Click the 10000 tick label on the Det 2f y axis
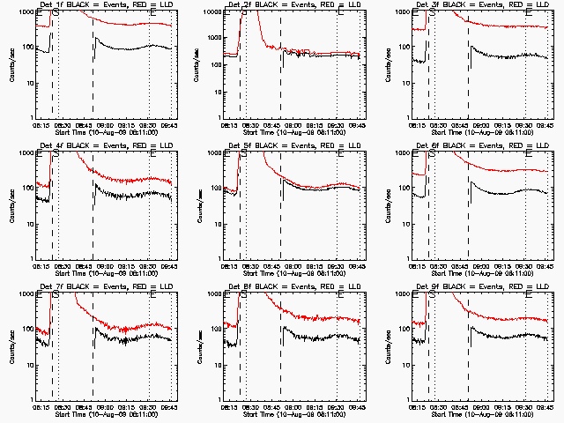click(212, 12)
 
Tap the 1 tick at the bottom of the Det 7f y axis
click(33, 400)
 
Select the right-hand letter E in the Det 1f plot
click(154, 13)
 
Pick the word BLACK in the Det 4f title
click(75, 146)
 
